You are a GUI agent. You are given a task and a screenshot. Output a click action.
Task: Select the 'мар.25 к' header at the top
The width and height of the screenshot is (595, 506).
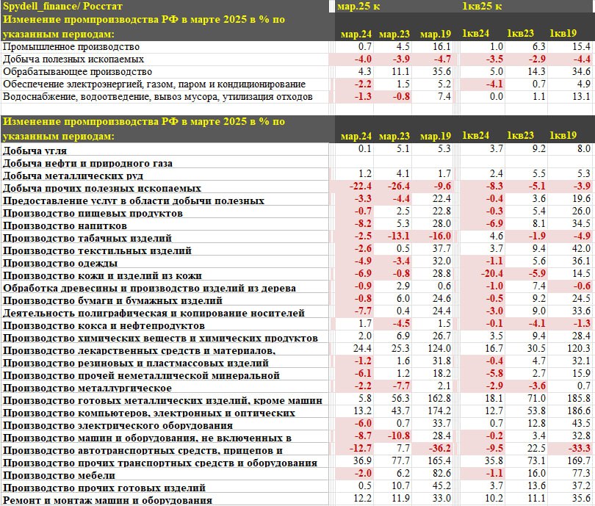(358, 7)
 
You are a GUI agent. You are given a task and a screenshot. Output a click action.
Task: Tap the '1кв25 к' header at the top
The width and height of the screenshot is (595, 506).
(481, 7)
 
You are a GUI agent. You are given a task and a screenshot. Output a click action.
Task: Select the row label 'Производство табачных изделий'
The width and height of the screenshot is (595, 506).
(87, 238)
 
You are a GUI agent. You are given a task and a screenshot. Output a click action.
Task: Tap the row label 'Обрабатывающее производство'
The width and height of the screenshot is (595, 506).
(77, 71)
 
